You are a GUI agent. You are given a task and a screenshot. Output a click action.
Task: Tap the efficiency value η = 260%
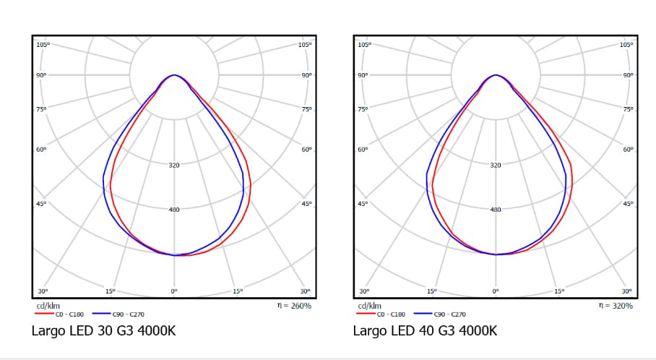click(x=295, y=306)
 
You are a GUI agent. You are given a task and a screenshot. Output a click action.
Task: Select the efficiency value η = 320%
click(x=616, y=306)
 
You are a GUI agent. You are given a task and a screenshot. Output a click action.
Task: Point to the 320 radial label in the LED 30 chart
click(x=174, y=166)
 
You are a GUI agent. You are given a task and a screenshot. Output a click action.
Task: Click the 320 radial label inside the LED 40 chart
click(x=496, y=166)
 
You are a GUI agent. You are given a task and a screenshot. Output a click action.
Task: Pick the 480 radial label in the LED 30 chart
click(x=174, y=210)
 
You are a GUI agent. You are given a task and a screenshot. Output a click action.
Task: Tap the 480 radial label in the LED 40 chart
click(x=496, y=210)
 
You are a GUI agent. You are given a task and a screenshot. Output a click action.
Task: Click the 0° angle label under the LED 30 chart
click(x=174, y=291)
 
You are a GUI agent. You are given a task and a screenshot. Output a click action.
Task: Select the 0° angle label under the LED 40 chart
click(x=496, y=291)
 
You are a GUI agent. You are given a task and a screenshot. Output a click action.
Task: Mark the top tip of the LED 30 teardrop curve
click(x=174, y=74)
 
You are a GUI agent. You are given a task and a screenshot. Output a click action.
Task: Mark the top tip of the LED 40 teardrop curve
click(x=496, y=74)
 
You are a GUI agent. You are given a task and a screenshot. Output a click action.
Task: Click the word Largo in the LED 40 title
click(x=368, y=331)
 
